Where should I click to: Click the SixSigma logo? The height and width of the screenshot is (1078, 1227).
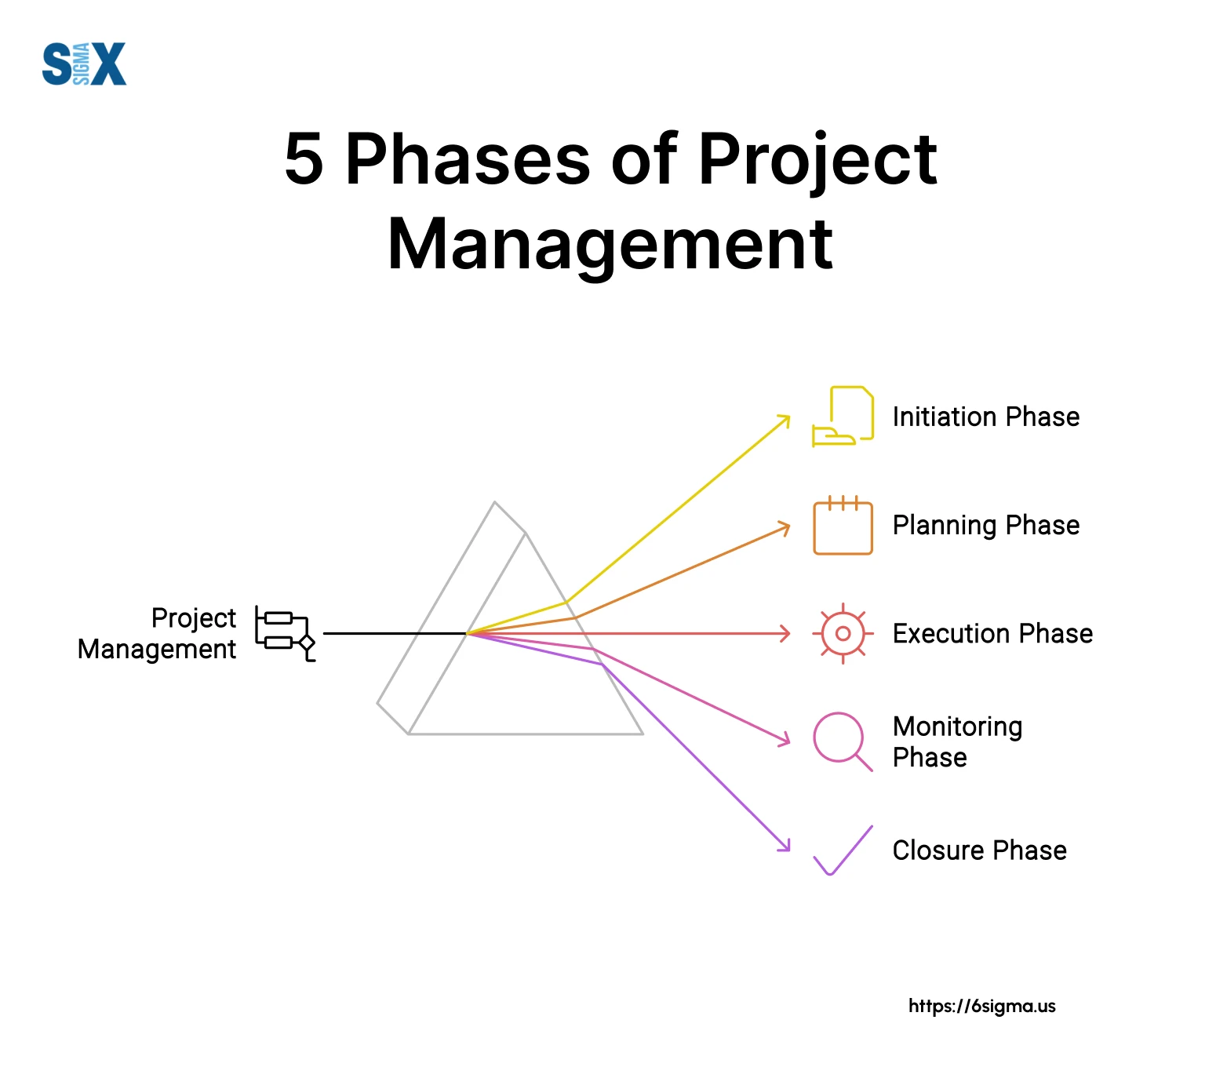click(x=84, y=64)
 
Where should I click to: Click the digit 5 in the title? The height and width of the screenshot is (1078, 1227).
click(x=304, y=159)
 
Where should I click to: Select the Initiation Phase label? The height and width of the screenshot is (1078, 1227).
click(x=986, y=417)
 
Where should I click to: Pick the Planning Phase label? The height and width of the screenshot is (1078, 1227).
click(x=986, y=525)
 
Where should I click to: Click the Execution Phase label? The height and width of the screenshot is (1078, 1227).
click(x=992, y=633)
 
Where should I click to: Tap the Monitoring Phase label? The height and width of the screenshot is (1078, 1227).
click(x=958, y=741)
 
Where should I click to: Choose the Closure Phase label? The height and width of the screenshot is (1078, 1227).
click(x=980, y=850)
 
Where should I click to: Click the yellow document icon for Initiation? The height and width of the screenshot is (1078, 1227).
click(x=843, y=417)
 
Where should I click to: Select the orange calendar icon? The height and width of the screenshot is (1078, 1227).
click(x=843, y=525)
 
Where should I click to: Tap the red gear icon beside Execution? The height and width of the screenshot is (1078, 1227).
click(x=843, y=633)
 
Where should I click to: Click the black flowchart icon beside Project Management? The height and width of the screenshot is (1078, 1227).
click(x=285, y=633)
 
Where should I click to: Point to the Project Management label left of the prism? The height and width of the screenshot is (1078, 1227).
click(x=157, y=633)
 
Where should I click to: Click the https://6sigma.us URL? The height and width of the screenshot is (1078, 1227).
click(x=982, y=1006)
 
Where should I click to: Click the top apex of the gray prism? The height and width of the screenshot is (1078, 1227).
click(x=495, y=502)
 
